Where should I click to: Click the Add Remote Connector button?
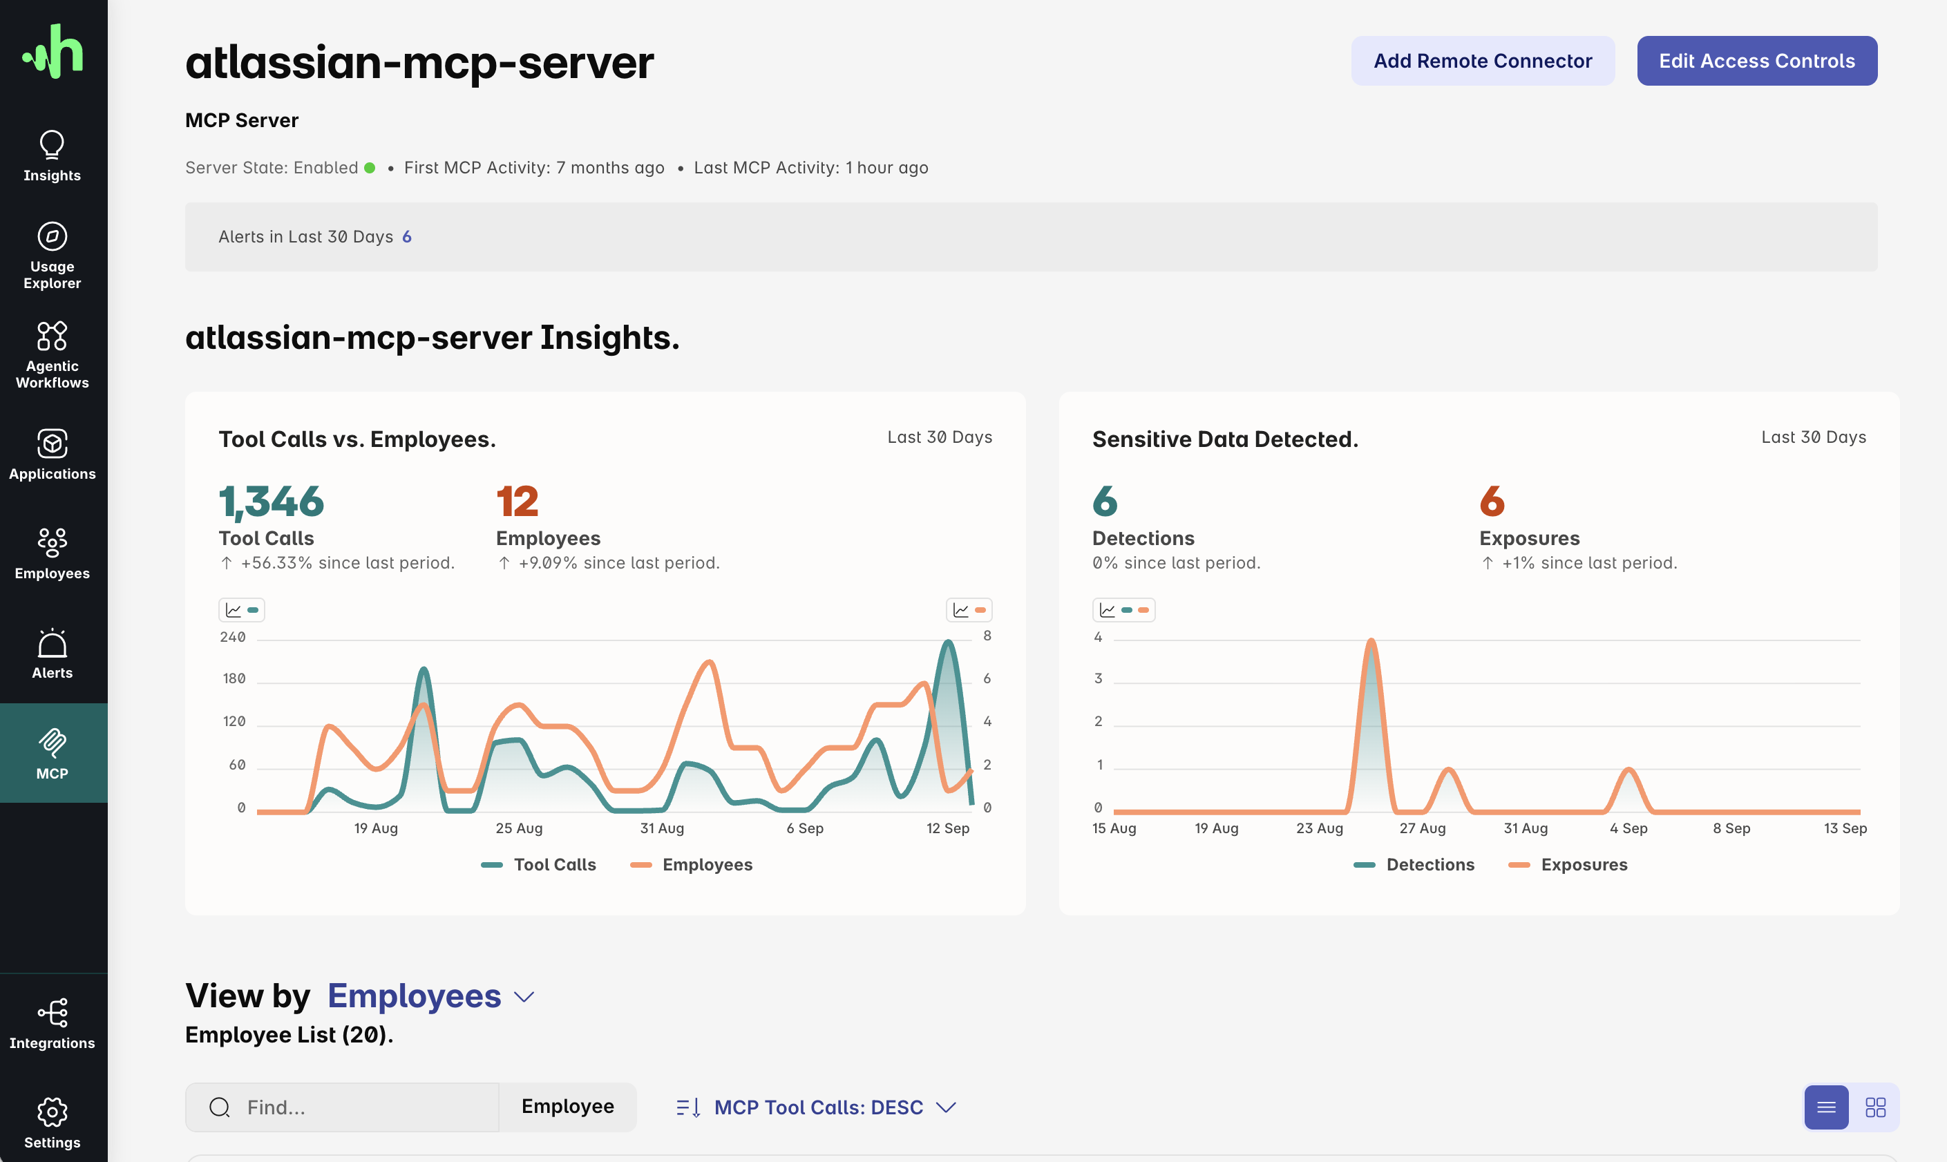click(x=1482, y=61)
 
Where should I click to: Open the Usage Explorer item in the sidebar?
click(x=53, y=255)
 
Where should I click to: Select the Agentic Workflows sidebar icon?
click(x=53, y=336)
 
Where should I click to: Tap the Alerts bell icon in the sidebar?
click(x=53, y=644)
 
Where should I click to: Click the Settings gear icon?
click(x=53, y=1111)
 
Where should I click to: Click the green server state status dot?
click(x=370, y=168)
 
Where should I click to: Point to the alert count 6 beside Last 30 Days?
click(x=406, y=236)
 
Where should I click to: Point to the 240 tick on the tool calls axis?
click(x=233, y=636)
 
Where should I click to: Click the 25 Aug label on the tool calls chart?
click(x=519, y=828)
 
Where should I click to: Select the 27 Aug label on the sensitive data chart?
click(x=1423, y=828)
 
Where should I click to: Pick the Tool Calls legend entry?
click(x=539, y=864)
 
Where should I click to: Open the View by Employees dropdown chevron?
click(x=524, y=997)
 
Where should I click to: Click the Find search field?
click(x=342, y=1107)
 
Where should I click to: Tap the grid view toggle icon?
click(x=1875, y=1107)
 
